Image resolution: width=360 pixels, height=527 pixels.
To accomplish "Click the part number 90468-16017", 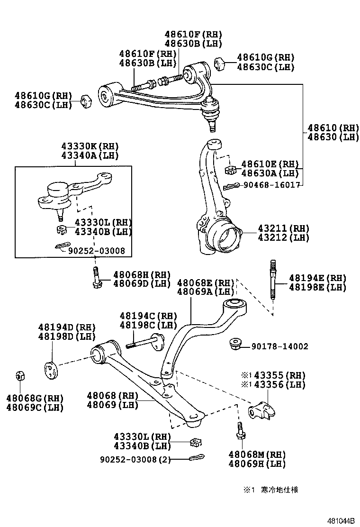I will click(272, 185).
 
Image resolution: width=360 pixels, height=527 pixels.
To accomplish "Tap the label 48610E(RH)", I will click(270, 164).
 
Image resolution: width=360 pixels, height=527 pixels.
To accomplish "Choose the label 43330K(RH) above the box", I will click(89, 146).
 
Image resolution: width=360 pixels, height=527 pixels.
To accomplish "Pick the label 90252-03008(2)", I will click(135, 459).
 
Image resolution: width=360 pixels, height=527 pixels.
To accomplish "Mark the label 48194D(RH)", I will click(67, 327).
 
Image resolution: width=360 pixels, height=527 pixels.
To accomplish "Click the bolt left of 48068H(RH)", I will click(96, 278).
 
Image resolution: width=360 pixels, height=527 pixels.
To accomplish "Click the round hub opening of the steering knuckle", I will click(228, 237).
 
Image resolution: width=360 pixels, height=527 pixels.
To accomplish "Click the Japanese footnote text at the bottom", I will click(275, 490).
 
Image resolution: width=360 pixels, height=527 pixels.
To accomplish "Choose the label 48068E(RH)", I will click(206, 283).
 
